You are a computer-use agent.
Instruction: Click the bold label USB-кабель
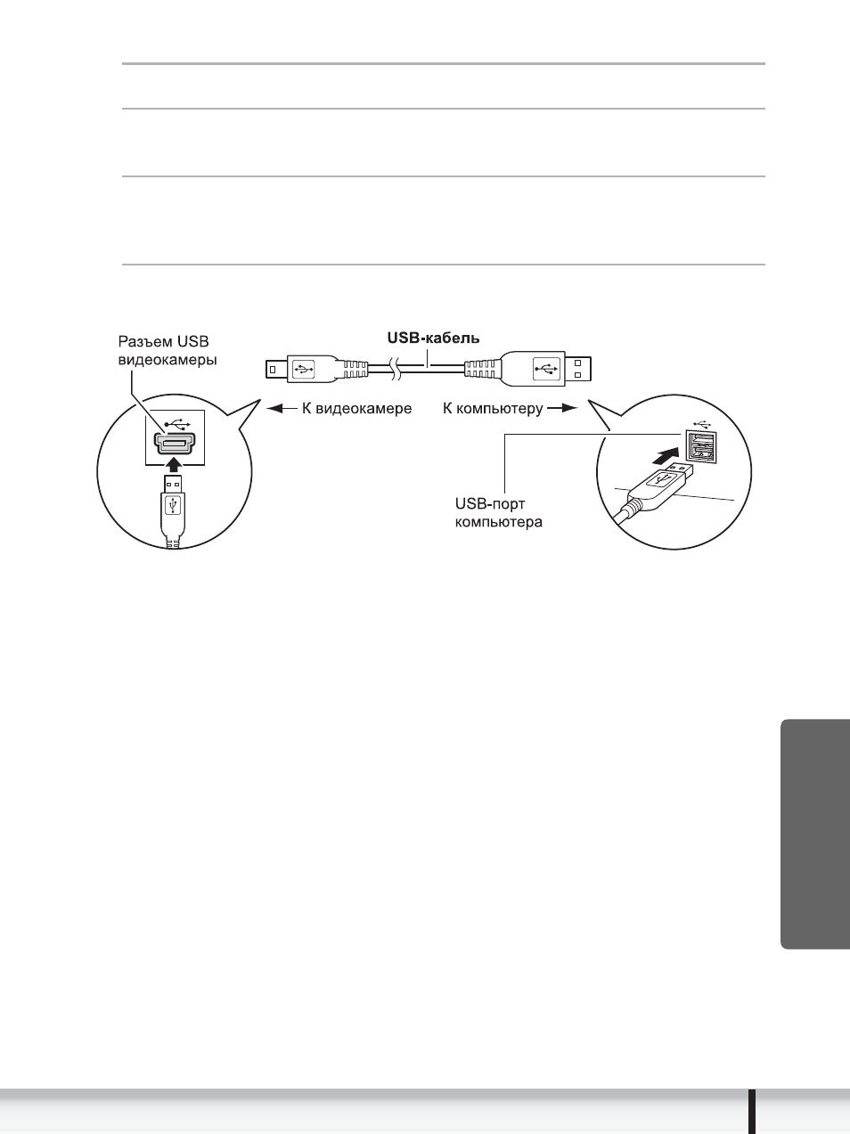pyautogui.click(x=434, y=339)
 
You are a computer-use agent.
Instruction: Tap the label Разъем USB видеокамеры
pyautogui.click(x=168, y=351)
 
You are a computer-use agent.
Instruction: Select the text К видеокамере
pyautogui.click(x=357, y=409)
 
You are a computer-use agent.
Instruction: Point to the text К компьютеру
pyautogui.click(x=493, y=409)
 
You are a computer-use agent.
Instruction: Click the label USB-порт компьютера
pyautogui.click(x=499, y=512)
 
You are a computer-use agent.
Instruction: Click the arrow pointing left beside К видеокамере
pyautogui.click(x=282, y=409)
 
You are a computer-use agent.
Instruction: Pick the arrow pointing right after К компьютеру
pyautogui.click(x=563, y=408)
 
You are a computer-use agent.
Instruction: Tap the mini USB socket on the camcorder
pyautogui.click(x=176, y=443)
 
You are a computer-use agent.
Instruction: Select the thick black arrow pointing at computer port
pyautogui.click(x=665, y=456)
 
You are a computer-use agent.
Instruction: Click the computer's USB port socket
pyautogui.click(x=700, y=445)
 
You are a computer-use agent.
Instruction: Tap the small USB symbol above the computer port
pyautogui.click(x=701, y=423)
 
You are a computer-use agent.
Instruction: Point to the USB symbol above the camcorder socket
pyautogui.click(x=177, y=425)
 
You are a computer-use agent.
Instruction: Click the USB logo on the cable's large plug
pyautogui.click(x=547, y=369)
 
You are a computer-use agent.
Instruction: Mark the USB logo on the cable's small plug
pyautogui.click(x=303, y=370)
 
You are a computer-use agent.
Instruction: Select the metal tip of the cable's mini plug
pyautogui.click(x=276, y=370)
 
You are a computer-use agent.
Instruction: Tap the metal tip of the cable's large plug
pyautogui.click(x=577, y=369)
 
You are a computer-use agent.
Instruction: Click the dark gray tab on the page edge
pyautogui.click(x=815, y=833)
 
